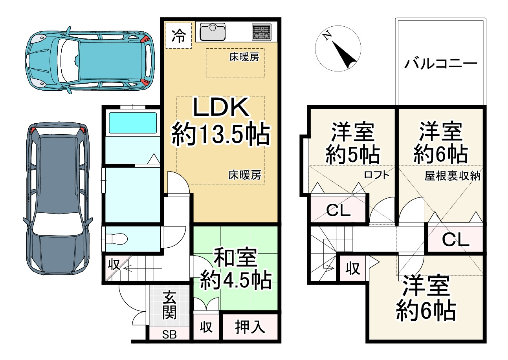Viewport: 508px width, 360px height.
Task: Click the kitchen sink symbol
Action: click(213, 32)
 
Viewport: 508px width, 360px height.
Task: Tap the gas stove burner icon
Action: click(262, 32)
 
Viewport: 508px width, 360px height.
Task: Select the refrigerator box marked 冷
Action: click(179, 36)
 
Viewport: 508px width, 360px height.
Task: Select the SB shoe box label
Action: click(170, 334)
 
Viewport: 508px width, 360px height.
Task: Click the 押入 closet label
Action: click(250, 327)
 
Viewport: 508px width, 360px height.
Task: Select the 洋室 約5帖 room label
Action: click(352, 143)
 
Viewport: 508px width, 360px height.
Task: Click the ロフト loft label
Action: click(377, 175)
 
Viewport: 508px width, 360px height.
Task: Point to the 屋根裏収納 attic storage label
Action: click(452, 176)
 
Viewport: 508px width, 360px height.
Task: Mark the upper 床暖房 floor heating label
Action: click(244, 57)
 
